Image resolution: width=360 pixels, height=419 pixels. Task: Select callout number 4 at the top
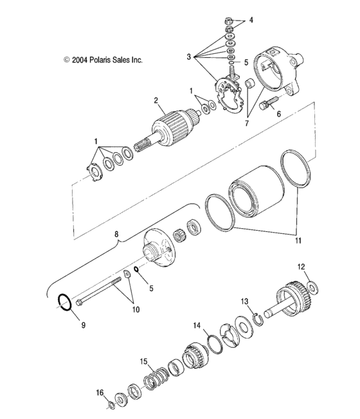(x=251, y=21)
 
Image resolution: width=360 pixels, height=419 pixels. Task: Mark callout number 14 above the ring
(x=197, y=325)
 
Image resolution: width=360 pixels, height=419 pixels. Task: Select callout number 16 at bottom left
(x=99, y=391)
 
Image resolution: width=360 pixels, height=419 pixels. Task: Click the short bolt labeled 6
(x=271, y=102)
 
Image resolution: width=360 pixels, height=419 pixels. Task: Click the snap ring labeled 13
(x=257, y=318)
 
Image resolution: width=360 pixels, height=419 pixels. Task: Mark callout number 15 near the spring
(x=145, y=361)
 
